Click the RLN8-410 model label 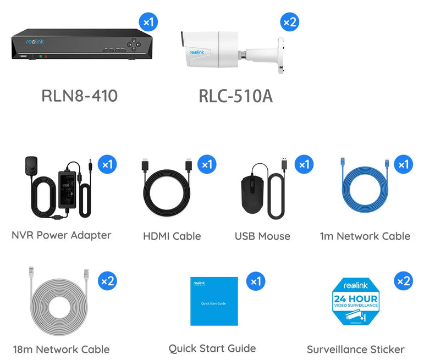[79, 96]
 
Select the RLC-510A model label [235, 96]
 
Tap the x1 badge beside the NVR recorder [148, 23]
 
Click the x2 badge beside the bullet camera [289, 23]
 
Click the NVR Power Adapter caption [62, 235]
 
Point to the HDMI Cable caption [172, 236]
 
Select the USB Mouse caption [262, 236]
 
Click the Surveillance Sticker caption [355, 349]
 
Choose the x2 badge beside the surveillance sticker [404, 281]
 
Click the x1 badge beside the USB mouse [303, 164]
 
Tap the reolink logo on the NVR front [35, 41]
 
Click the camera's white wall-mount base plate [280, 55]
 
